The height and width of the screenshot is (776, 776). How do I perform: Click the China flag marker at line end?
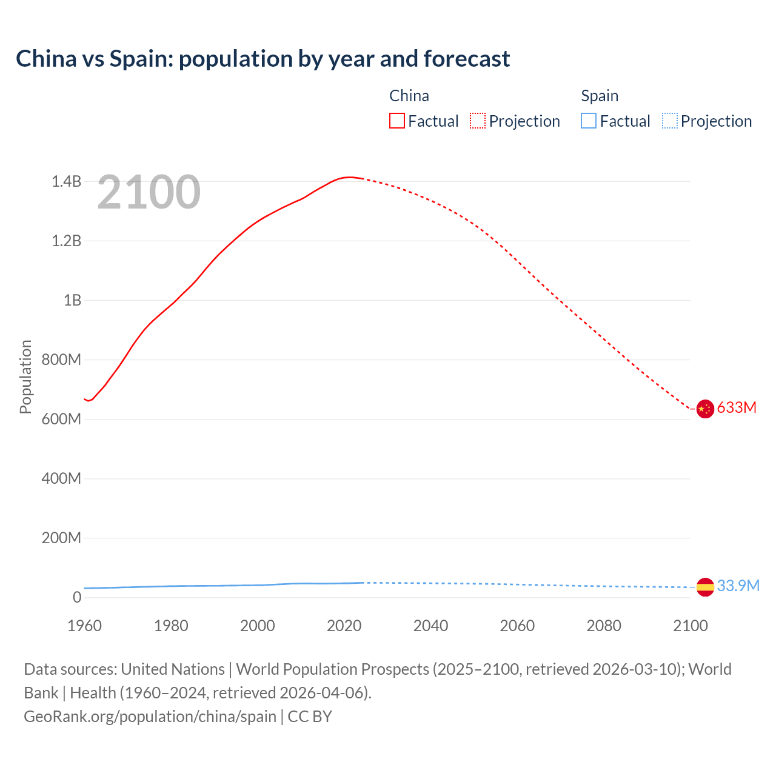coord(704,409)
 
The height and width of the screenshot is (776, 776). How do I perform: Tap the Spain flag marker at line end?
coord(705,587)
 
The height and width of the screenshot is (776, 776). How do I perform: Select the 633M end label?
coord(737,407)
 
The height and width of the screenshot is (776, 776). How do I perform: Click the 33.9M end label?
coord(738,586)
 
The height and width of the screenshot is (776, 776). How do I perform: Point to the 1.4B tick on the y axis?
coord(66,181)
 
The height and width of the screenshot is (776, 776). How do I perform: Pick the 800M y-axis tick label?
coord(61,360)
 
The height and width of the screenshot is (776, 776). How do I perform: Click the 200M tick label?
coord(61,538)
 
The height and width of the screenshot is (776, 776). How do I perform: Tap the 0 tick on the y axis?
coord(76,597)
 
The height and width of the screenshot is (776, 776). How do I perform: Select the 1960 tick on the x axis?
coord(84,626)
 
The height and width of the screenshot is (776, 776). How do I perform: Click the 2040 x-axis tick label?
coord(430,626)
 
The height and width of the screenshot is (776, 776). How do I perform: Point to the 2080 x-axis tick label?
coord(604,626)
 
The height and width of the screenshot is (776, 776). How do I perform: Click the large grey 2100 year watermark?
coord(149,192)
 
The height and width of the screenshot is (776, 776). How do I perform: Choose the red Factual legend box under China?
coord(397,121)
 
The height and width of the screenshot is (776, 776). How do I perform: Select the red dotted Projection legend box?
coord(478,121)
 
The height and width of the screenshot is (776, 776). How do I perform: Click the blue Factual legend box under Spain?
coord(589,121)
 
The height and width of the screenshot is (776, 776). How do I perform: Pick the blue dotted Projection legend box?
coord(669,121)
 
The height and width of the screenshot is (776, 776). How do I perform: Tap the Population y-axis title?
coord(25,376)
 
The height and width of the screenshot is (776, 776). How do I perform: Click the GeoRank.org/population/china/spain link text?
coord(150,716)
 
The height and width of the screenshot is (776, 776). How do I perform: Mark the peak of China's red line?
coord(348,177)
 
